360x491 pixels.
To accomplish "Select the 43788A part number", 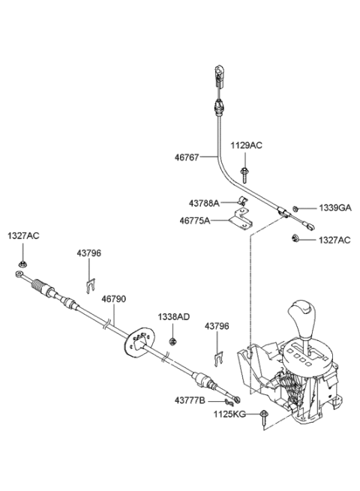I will coord(203,203).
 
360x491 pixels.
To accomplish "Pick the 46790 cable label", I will coord(114,298).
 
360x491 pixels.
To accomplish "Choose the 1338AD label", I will coord(173,317).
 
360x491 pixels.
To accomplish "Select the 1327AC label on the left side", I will coord(23,235).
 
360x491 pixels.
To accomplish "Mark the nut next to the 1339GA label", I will coord(297,208).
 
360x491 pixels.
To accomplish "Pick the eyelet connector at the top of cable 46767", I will coord(217,73).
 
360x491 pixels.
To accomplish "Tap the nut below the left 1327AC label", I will coord(22,263).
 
